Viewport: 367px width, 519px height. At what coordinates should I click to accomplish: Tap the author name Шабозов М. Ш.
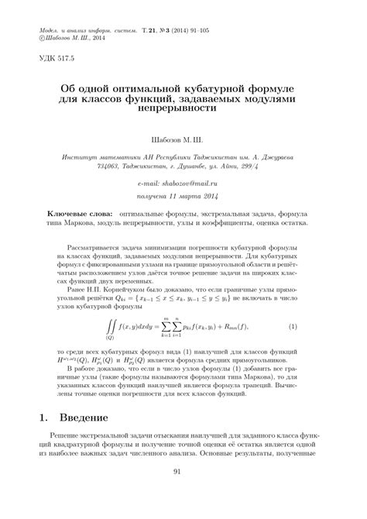(x=183, y=141)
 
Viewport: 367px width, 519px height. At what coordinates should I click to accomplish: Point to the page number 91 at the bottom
(x=183, y=493)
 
